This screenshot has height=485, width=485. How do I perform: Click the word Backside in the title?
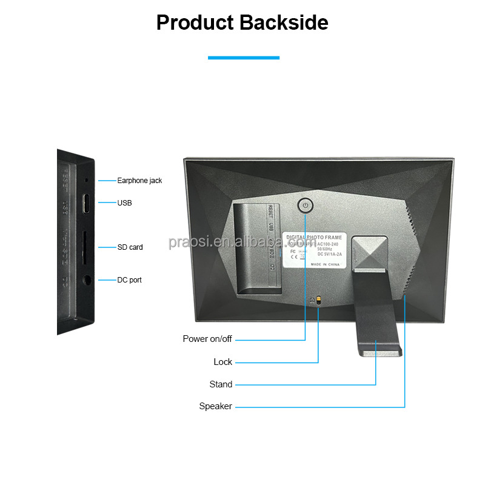pyautogui.click(x=284, y=22)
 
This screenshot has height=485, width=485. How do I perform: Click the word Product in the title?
pyautogui.click(x=195, y=22)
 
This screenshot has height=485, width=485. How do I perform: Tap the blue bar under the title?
pyautogui.click(x=243, y=58)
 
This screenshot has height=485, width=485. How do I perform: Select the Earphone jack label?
pyautogui.click(x=139, y=181)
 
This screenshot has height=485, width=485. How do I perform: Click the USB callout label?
pyautogui.click(x=124, y=203)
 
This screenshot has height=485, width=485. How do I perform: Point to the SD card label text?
pyautogui.click(x=130, y=247)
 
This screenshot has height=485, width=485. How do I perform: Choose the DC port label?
pyautogui.click(x=129, y=280)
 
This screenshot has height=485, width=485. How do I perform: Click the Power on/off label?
pyautogui.click(x=207, y=339)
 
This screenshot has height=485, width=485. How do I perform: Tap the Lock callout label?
pyautogui.click(x=222, y=362)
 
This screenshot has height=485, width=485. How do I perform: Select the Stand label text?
pyautogui.click(x=221, y=384)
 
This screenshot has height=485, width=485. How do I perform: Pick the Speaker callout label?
pyautogui.click(x=215, y=406)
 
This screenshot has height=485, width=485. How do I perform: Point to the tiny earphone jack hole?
pyautogui.click(x=86, y=180)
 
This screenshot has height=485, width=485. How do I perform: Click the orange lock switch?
pyautogui.click(x=319, y=300)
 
